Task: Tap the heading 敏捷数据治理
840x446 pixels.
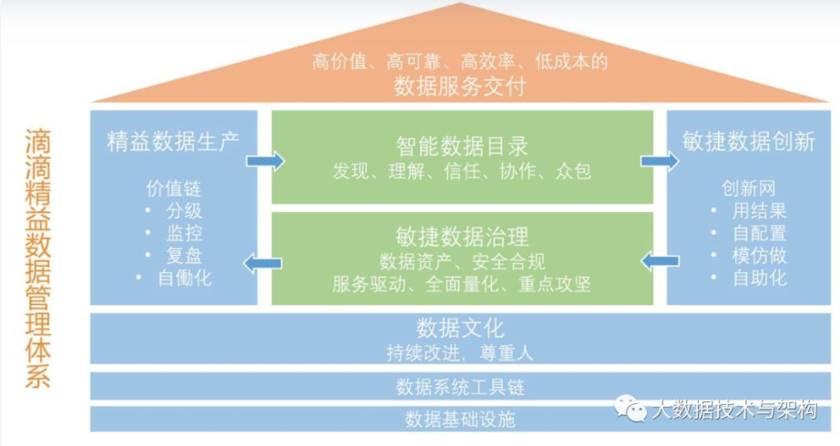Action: pyautogui.click(x=462, y=238)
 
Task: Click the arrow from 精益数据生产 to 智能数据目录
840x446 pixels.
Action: pyautogui.click(x=265, y=161)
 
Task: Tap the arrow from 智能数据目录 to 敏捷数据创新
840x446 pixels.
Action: pyautogui.click(x=660, y=161)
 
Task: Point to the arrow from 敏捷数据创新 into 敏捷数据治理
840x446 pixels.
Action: pyautogui.click(x=660, y=262)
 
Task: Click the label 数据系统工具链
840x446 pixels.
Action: pyautogui.click(x=460, y=387)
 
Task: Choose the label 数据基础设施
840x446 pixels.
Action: pyautogui.click(x=460, y=420)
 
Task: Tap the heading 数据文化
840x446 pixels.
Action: pyautogui.click(x=460, y=328)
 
